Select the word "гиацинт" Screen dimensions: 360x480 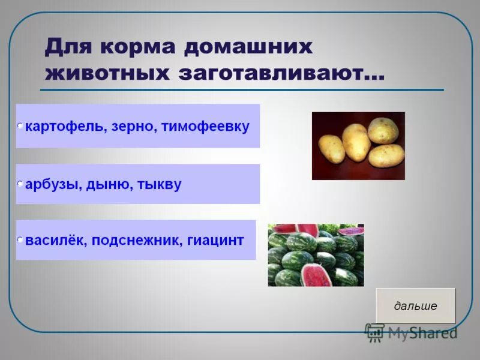click(215, 241)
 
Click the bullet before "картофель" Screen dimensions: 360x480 click(20, 126)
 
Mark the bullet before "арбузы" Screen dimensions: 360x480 click(20, 182)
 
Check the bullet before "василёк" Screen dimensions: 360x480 click(20, 239)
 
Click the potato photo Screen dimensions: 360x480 click(358, 146)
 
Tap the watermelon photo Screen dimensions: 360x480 click(316, 255)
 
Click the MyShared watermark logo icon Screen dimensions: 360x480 click(375, 332)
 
